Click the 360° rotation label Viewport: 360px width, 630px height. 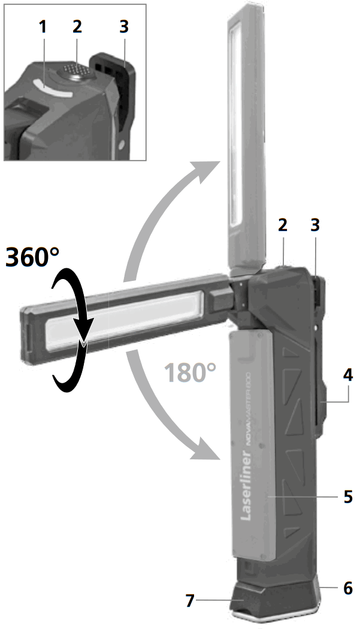click(32, 257)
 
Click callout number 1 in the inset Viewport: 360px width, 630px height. click(41, 26)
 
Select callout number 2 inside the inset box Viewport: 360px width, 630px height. click(77, 26)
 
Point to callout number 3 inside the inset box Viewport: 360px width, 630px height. click(123, 26)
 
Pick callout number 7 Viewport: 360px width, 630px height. click(190, 601)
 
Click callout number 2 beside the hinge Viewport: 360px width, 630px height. click(283, 225)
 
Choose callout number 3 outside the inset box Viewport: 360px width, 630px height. click(314, 225)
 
